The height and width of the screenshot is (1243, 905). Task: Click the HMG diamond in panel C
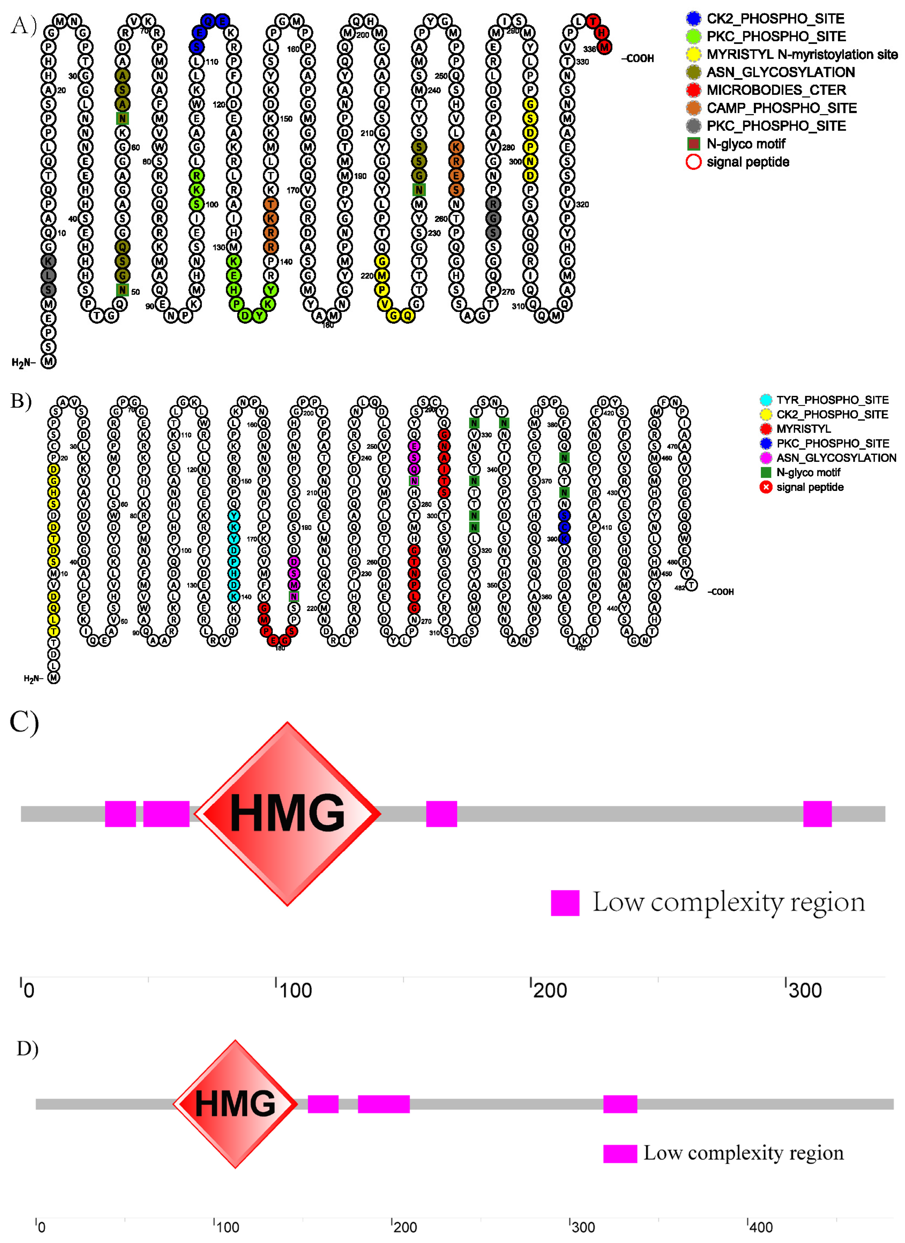[x=287, y=814]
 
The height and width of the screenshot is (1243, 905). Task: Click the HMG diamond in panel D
[x=235, y=1103]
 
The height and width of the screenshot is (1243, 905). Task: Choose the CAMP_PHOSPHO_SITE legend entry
[x=781, y=108]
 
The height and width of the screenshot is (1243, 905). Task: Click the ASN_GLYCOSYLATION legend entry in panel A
[x=780, y=72]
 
